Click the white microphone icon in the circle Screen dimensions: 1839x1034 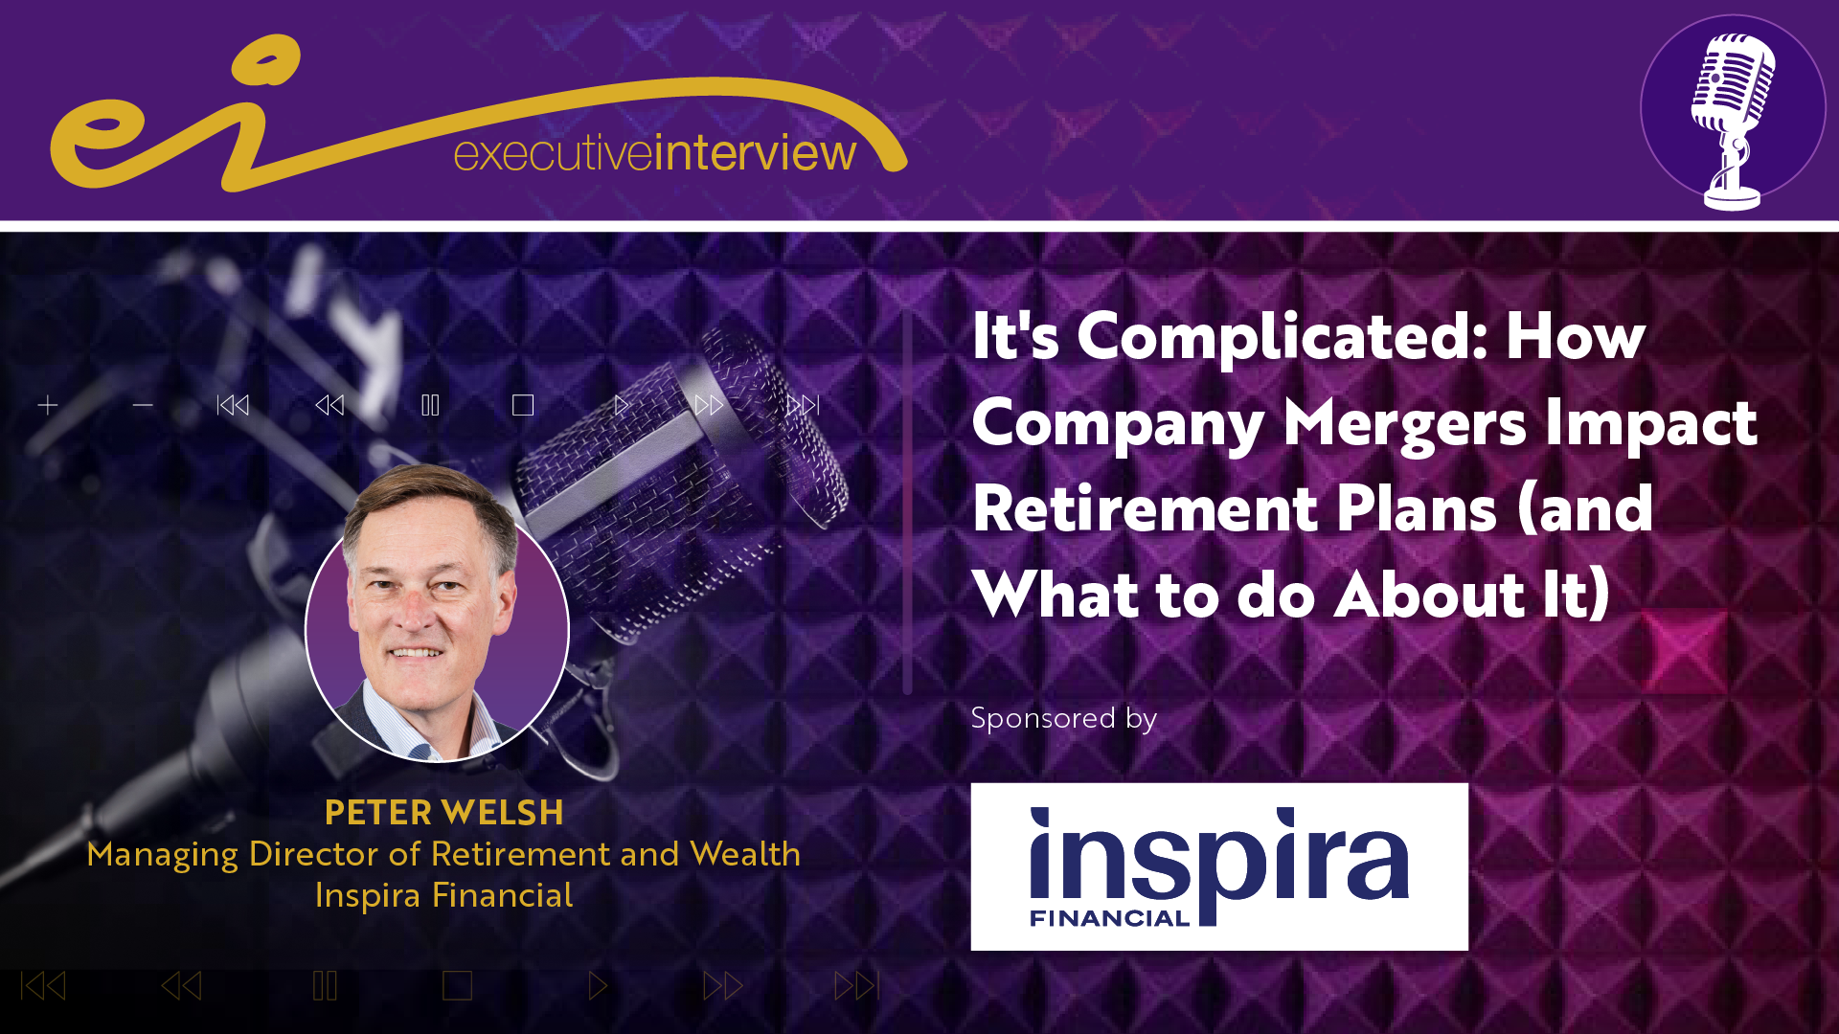[x=1732, y=120]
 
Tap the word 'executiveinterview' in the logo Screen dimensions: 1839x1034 [x=655, y=153]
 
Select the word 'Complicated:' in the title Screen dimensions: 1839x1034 [x=1283, y=336]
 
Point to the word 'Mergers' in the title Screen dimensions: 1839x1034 [x=1404, y=423]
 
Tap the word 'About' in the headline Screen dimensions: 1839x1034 [x=1428, y=595]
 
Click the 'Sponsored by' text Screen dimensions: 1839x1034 [x=1063, y=718]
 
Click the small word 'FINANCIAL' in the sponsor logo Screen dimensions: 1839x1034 [x=1109, y=918]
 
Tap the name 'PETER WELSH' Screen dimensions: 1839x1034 [x=443, y=812]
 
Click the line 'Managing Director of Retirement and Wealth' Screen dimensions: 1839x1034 [x=443, y=854]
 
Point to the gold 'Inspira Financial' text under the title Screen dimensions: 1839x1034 [x=443, y=895]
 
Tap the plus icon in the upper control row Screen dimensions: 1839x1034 [x=48, y=406]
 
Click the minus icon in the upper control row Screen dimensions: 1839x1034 [x=143, y=406]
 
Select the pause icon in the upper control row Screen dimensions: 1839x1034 [x=430, y=406]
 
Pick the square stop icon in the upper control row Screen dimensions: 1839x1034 [x=523, y=406]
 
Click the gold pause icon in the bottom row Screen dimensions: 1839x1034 [x=325, y=986]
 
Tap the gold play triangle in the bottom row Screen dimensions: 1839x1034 [x=598, y=986]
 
